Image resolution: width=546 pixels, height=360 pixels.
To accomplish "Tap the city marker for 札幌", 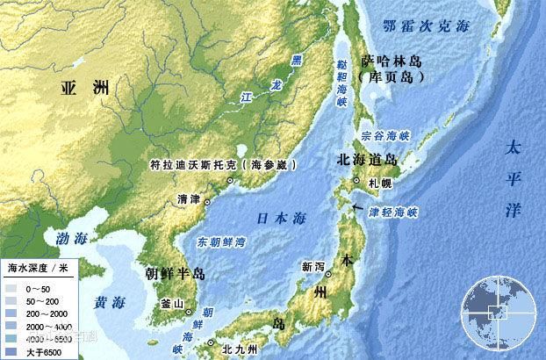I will coord(356,181).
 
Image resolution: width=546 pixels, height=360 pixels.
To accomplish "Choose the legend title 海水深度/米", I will coord(39,265).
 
